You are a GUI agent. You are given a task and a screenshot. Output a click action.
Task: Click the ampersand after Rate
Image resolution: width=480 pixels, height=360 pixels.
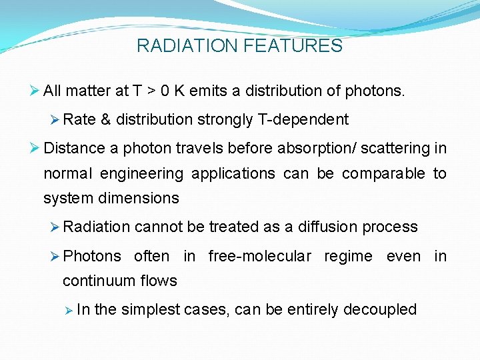point(105,120)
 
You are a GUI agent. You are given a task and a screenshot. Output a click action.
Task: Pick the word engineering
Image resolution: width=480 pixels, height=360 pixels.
point(142,174)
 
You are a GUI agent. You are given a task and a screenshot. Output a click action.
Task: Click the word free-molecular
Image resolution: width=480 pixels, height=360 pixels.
point(259,257)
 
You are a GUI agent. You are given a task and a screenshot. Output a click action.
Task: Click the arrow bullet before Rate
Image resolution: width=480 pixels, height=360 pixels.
point(55,120)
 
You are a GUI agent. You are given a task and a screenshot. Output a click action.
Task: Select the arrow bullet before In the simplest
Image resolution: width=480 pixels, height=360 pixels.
point(68,310)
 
